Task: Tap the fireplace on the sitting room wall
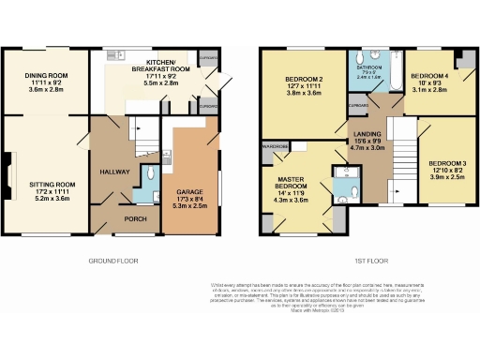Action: point(8,172)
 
